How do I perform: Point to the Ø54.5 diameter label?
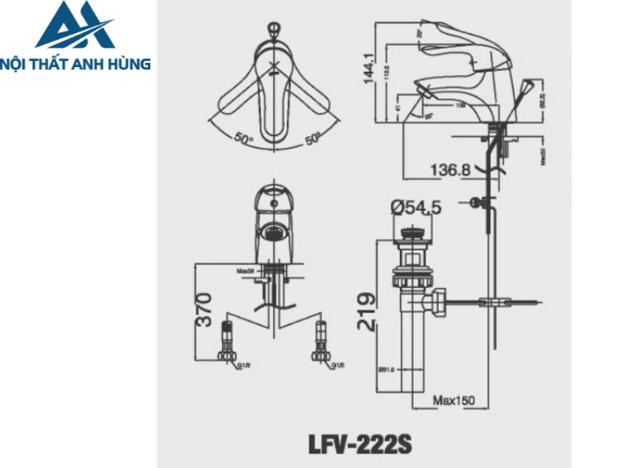tap(416, 208)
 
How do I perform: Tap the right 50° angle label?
tap(314, 139)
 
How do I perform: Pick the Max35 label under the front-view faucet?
tap(246, 270)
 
